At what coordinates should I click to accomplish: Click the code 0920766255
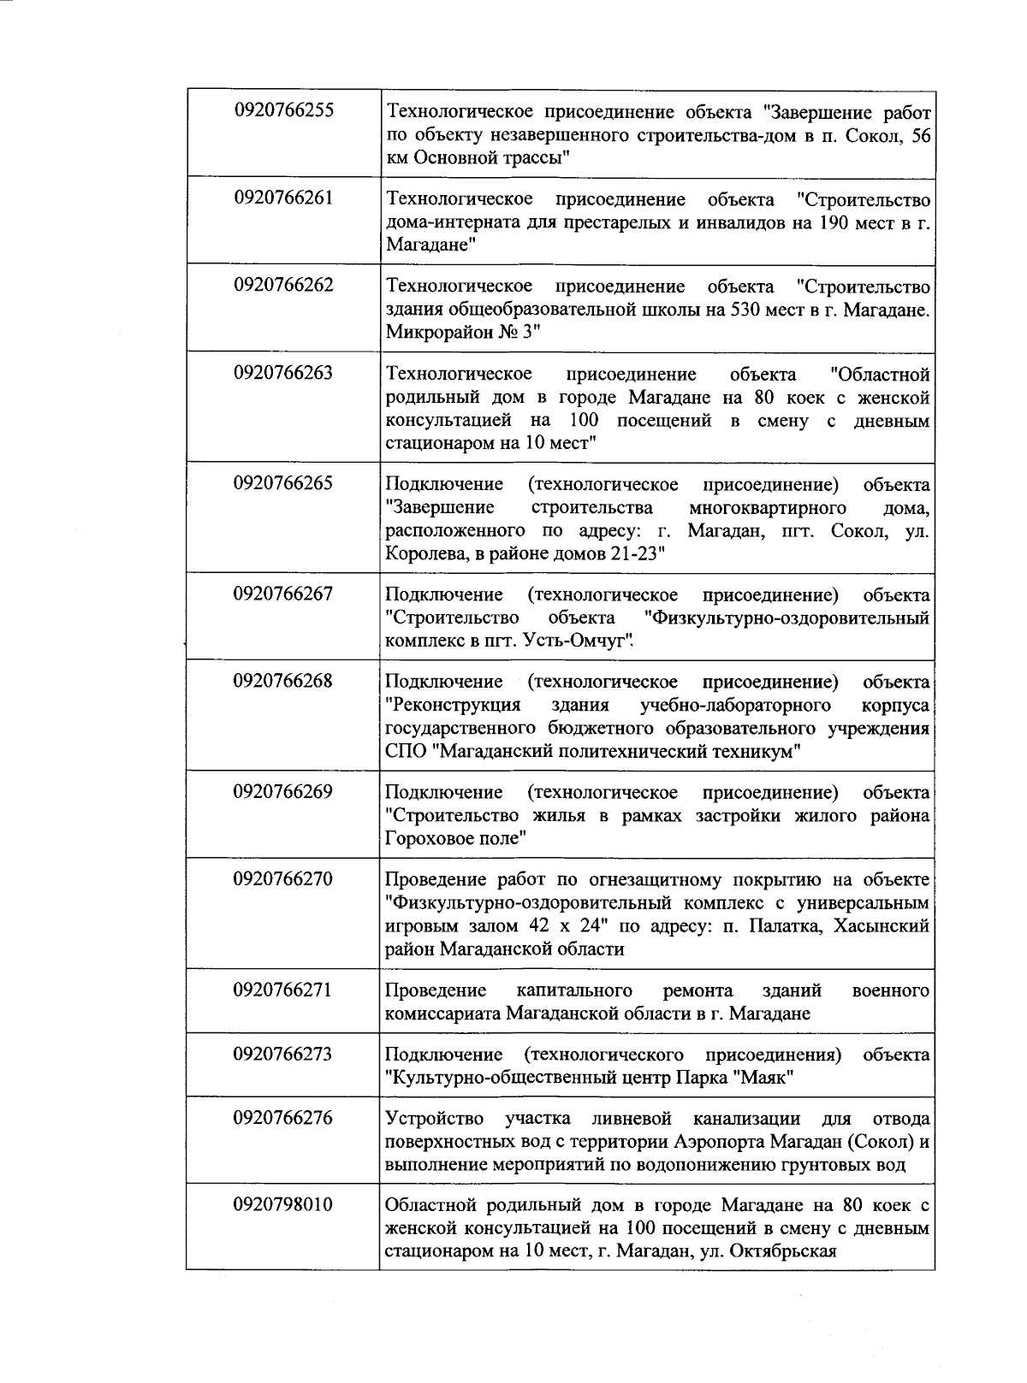click(283, 110)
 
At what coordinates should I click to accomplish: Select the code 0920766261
click(283, 198)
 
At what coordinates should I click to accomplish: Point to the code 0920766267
click(283, 593)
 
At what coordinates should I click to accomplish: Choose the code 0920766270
click(283, 878)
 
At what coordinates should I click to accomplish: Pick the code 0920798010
click(283, 1204)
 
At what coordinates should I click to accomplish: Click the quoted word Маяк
click(766, 1078)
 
